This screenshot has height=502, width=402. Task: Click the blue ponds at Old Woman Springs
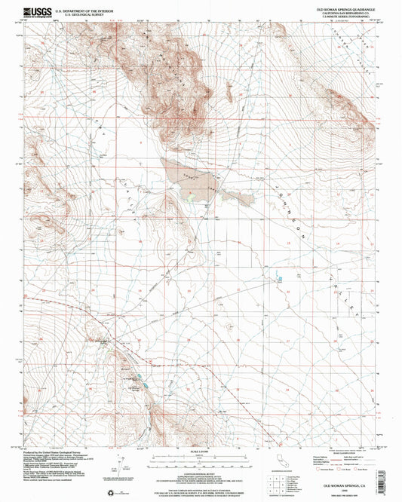[x=145, y=383]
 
